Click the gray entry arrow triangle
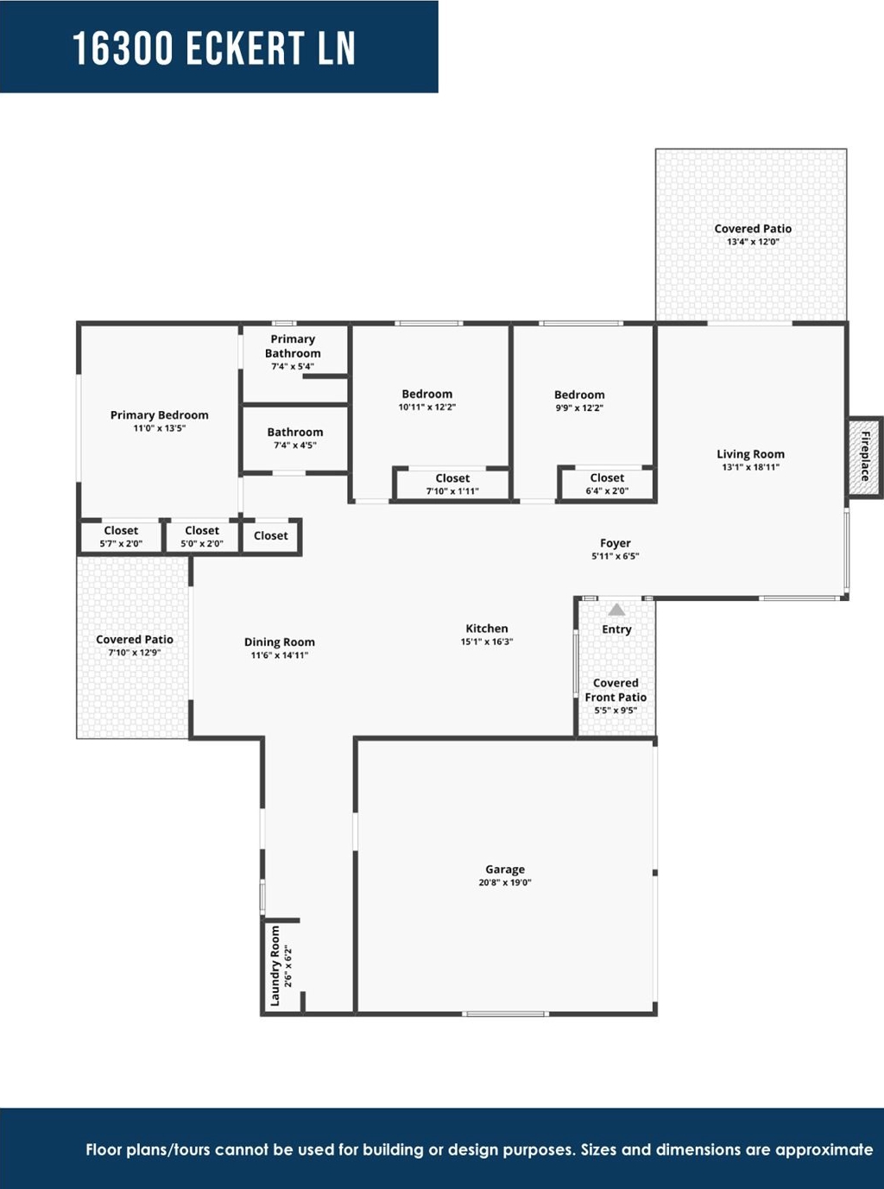616,610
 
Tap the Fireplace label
865,456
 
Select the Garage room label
505,869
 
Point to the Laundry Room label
275,965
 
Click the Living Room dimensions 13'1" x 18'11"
750,467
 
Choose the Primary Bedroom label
159,415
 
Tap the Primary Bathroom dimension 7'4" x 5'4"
293,367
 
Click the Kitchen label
487,629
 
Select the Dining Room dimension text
280,655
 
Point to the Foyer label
616,543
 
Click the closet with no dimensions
271,535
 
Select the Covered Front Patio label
616,690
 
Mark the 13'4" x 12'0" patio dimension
753,242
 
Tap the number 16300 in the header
123,48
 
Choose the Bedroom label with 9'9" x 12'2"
579,395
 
